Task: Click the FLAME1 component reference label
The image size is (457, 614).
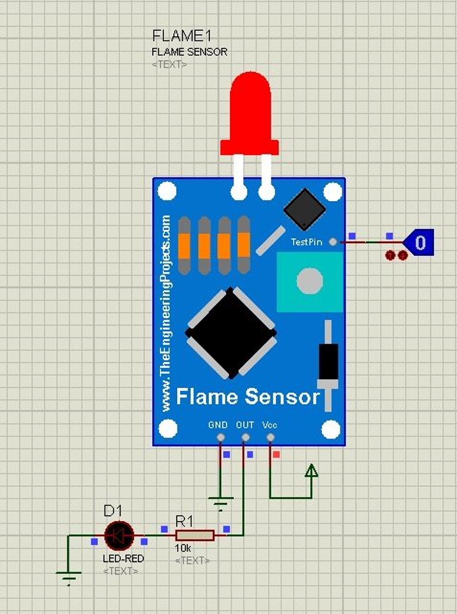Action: (181, 36)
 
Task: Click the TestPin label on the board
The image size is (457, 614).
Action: (306, 242)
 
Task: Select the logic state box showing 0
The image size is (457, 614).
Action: (420, 242)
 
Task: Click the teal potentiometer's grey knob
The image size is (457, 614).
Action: (310, 281)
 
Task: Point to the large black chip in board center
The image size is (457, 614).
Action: (231, 333)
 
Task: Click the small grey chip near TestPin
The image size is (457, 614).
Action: (304, 209)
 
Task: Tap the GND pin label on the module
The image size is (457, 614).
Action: (218, 425)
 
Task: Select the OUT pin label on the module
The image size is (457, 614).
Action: (245, 425)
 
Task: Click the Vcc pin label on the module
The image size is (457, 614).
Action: (270, 425)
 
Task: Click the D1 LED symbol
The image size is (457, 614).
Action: (119, 535)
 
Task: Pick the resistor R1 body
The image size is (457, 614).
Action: (195, 535)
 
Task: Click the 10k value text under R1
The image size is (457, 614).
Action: (183, 548)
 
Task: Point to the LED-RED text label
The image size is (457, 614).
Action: (123, 559)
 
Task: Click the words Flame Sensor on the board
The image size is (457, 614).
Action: (248, 396)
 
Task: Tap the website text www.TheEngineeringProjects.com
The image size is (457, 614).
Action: (166, 312)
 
